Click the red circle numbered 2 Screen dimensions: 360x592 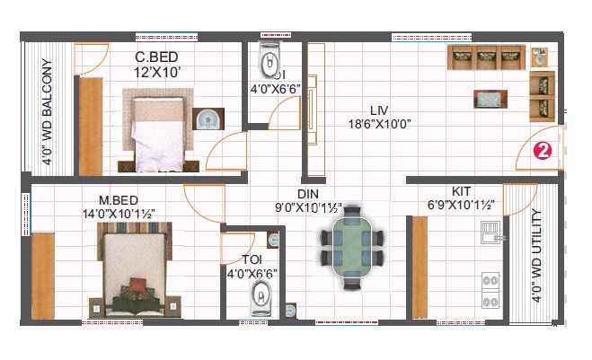click(x=542, y=152)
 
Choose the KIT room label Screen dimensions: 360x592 click(x=462, y=192)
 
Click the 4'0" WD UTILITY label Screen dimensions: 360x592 click(x=536, y=256)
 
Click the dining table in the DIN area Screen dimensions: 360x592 click(x=351, y=243)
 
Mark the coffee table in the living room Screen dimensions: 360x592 click(x=488, y=98)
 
